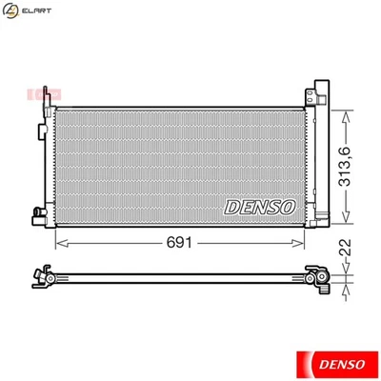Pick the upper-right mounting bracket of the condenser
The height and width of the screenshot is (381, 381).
point(311,98)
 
